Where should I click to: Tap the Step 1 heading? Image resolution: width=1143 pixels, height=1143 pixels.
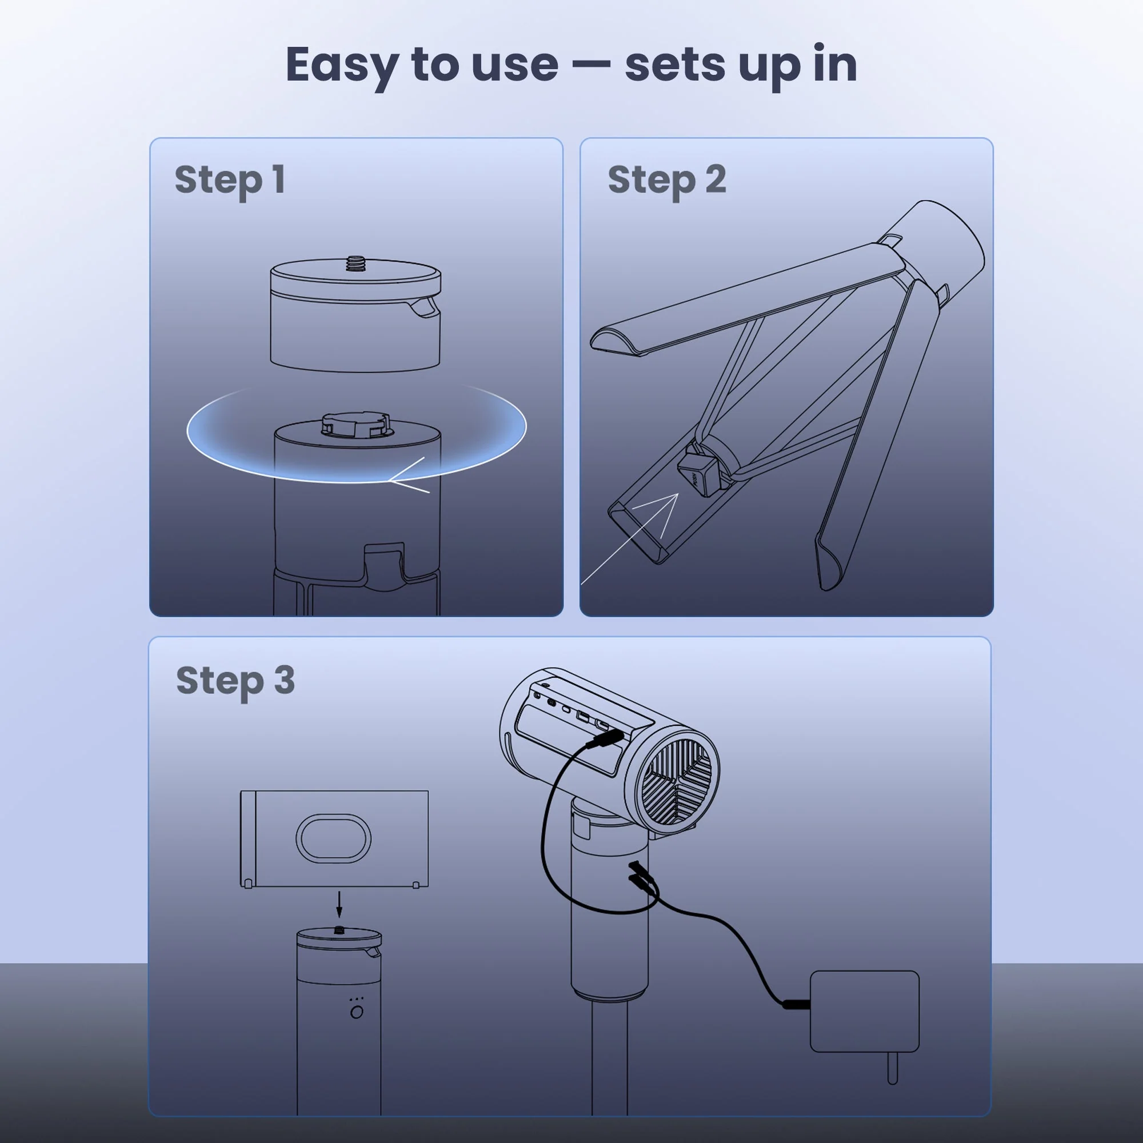(x=230, y=180)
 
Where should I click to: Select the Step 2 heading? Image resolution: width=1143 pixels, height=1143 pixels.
(x=667, y=180)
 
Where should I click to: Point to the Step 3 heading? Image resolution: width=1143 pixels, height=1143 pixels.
(x=235, y=680)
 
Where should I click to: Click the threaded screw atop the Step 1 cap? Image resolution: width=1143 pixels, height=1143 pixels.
(x=355, y=263)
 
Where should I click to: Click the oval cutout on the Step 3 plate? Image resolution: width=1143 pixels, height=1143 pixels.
(x=333, y=838)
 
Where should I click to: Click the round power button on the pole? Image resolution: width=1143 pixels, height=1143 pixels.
(x=357, y=1012)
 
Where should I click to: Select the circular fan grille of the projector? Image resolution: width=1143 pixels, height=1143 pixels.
(x=678, y=781)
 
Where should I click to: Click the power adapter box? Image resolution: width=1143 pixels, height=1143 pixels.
(x=864, y=1011)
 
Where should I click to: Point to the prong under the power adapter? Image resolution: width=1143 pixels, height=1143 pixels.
(x=893, y=1068)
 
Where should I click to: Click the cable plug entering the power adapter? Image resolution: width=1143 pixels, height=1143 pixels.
(x=796, y=1004)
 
